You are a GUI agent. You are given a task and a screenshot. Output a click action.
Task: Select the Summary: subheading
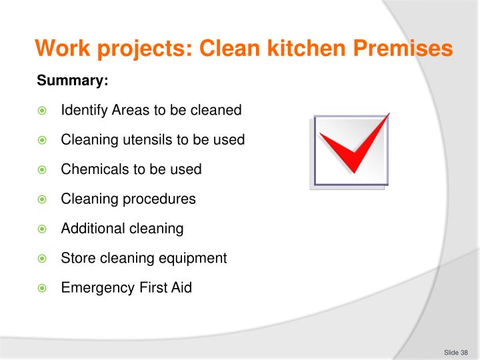tap(72, 81)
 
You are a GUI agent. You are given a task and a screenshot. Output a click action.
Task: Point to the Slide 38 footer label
tap(455, 352)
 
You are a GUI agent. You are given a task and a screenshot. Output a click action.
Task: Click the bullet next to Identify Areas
tap(41, 111)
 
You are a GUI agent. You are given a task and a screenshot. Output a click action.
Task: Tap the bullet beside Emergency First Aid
tap(41, 289)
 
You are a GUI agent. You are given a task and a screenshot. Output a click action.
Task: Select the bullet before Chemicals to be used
tap(41, 170)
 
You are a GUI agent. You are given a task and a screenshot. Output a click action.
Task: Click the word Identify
tap(82, 110)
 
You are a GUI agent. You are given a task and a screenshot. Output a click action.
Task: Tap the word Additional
tap(88, 229)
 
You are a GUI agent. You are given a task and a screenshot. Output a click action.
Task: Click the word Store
tap(76, 258)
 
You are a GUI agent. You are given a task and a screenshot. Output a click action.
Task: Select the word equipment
tap(193, 259)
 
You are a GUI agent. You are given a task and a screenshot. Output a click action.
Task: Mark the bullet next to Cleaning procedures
tap(41, 199)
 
